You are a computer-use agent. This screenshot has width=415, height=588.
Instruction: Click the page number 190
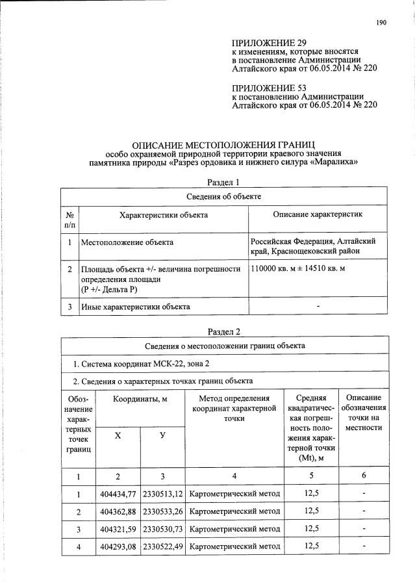[381, 23]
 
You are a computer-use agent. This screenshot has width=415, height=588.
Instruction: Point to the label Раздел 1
[223, 183]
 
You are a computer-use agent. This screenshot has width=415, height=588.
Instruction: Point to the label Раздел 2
[223, 331]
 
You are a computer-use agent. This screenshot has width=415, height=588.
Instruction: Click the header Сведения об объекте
[223, 196]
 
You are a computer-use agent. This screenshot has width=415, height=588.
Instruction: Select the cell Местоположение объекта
[127, 242]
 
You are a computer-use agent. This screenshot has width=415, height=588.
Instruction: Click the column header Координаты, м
[140, 398]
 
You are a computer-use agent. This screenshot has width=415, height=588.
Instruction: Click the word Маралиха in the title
[338, 162]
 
